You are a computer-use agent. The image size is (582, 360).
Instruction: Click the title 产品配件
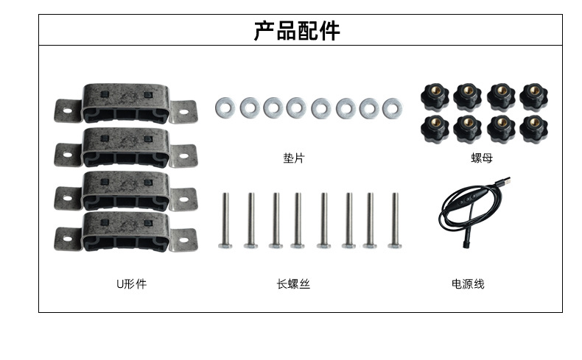point(297,30)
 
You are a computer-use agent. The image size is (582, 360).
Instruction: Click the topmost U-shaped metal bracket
point(125,103)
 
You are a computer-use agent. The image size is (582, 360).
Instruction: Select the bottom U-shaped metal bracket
point(125,233)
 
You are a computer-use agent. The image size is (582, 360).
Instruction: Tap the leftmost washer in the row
point(225,108)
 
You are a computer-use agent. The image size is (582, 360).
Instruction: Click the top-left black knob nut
point(433,96)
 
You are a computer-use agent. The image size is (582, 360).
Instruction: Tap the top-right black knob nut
point(533,96)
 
